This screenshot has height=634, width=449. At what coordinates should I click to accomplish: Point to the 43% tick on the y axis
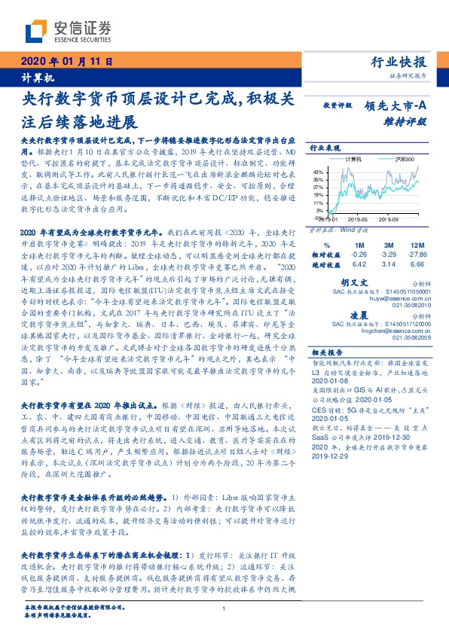[x=319, y=172]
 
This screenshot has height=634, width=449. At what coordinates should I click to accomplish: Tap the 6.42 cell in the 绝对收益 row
[x=359, y=265]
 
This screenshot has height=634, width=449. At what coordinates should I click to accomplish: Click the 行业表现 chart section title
[x=325, y=148]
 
